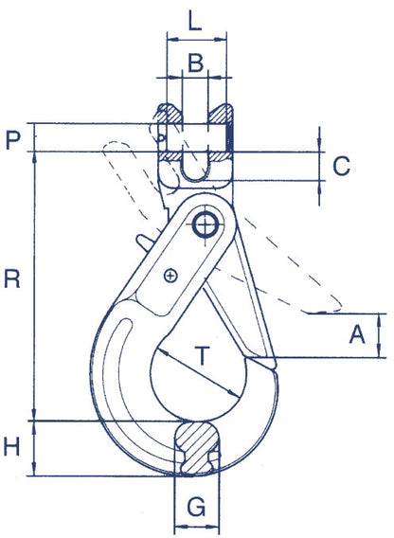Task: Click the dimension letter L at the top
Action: [x=194, y=20]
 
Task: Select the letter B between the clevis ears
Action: [x=195, y=63]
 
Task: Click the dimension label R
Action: [x=13, y=278]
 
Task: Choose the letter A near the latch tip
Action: [x=357, y=333]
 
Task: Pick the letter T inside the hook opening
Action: [x=203, y=355]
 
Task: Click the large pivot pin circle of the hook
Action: [x=204, y=224]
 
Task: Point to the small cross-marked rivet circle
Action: [x=170, y=276]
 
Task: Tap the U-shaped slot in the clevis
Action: [x=195, y=167]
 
